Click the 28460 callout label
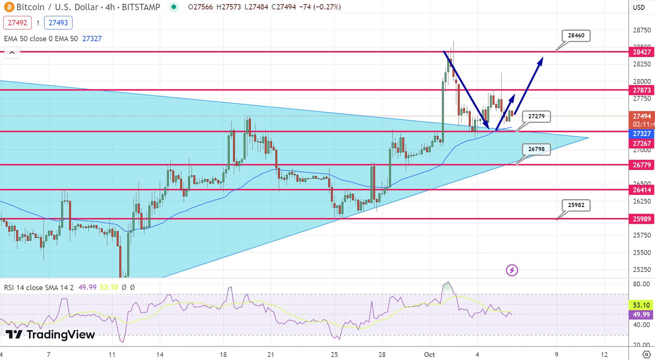click(x=576, y=36)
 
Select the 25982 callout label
click(x=576, y=205)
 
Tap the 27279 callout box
click(x=536, y=116)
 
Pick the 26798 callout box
click(x=536, y=149)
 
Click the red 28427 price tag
click(x=641, y=52)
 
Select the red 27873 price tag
click(x=641, y=90)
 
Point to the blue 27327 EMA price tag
click(x=641, y=134)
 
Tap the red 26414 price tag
click(x=641, y=190)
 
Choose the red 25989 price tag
click(x=641, y=219)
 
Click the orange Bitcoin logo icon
click(x=9, y=7)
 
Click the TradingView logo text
click(x=50, y=335)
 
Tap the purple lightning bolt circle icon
click(x=512, y=270)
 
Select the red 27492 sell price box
click(x=17, y=23)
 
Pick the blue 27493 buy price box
click(x=58, y=23)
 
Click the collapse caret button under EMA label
click(x=12, y=53)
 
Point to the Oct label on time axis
click(x=429, y=355)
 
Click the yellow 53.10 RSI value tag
click(x=641, y=305)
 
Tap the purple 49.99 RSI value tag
click(x=641, y=315)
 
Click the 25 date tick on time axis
click(x=334, y=355)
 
